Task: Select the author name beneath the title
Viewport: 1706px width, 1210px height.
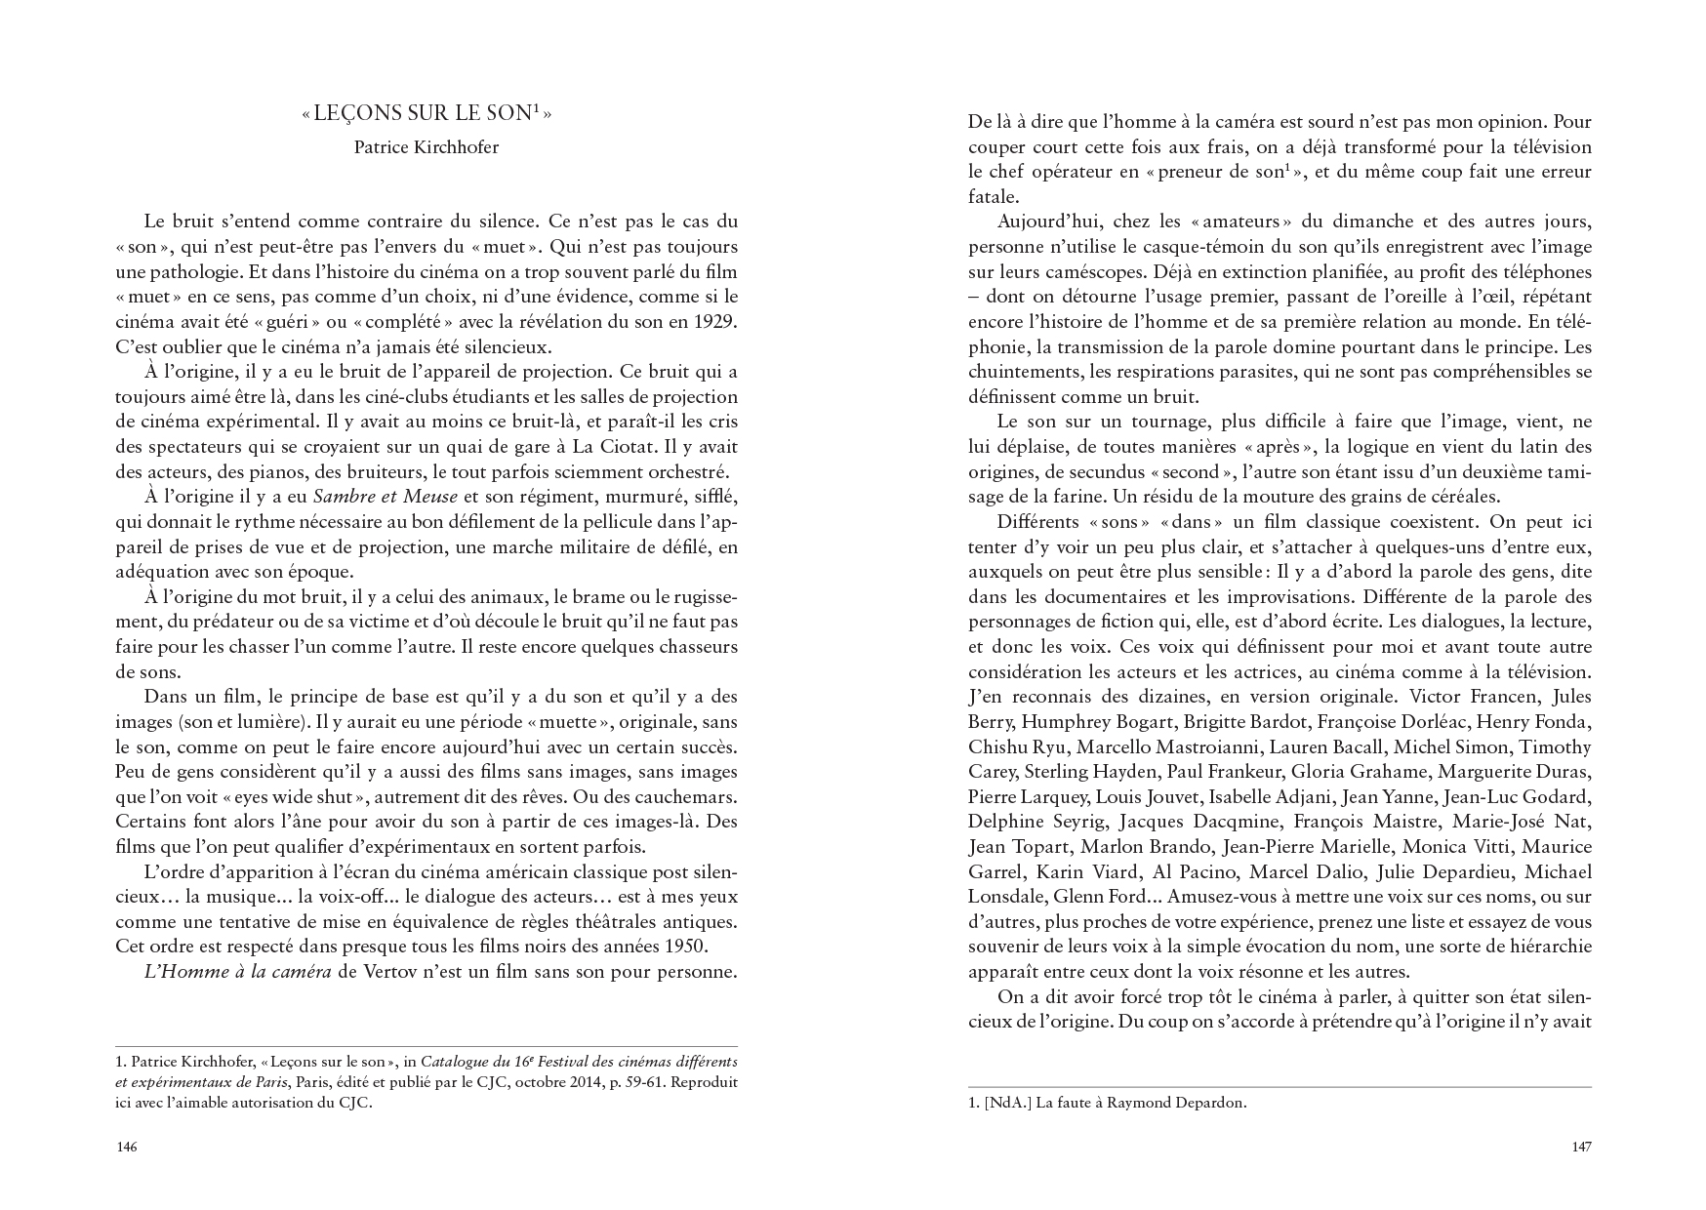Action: [426, 147]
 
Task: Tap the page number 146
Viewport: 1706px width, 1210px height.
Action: [126, 1147]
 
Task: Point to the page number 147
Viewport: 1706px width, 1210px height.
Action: [1581, 1147]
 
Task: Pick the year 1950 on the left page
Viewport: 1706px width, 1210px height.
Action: [684, 947]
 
